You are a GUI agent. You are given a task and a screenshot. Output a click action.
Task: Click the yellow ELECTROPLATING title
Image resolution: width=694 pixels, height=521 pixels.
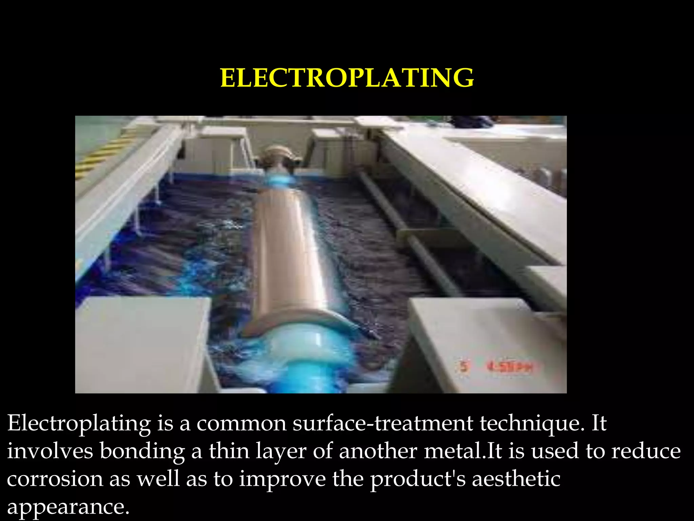click(x=347, y=78)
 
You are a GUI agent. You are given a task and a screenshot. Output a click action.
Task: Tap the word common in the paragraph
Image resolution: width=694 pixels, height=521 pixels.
click(x=241, y=424)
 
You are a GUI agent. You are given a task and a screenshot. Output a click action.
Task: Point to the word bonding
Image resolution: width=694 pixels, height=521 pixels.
click(x=142, y=451)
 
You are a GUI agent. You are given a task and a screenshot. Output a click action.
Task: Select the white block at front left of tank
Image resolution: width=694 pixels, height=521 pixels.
click(x=142, y=343)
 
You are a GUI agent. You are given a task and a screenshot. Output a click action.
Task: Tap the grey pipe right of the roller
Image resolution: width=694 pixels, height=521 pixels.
click(x=407, y=231)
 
